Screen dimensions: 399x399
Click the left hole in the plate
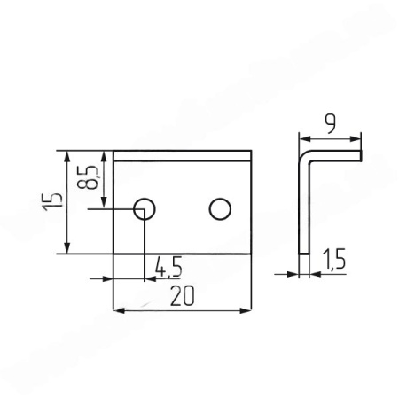[x=144, y=208]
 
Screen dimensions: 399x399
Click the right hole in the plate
[x=219, y=208]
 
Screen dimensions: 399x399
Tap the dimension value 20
[x=183, y=297]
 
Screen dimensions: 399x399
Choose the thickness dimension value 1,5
[x=334, y=260]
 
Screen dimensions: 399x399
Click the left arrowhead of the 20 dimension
[x=119, y=309]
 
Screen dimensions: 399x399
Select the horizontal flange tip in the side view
[x=361, y=155]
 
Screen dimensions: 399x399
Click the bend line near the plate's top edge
[x=183, y=160]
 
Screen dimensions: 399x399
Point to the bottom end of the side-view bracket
[x=303, y=253]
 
